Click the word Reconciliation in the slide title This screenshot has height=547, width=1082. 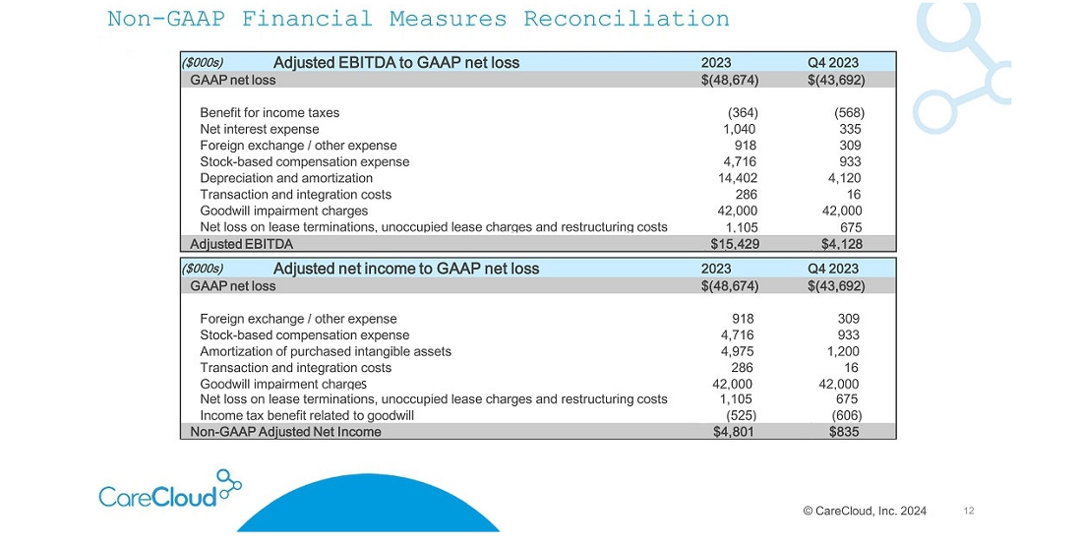point(626,19)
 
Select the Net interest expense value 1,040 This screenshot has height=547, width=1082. point(739,129)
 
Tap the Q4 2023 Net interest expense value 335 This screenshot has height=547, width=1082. point(850,129)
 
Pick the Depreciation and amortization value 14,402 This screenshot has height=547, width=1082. point(738,178)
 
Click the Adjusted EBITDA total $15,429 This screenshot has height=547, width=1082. point(734,244)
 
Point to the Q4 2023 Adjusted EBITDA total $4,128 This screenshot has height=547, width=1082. point(841,244)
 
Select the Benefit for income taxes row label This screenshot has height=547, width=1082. point(270,112)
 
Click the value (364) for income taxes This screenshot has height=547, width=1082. point(743,112)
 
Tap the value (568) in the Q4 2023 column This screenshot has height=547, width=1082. point(849,112)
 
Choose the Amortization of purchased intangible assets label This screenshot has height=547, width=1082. point(326,352)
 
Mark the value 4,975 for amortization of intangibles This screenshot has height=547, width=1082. point(738,351)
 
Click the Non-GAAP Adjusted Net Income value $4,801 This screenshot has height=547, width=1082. point(734,432)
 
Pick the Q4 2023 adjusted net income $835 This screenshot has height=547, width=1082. point(844,432)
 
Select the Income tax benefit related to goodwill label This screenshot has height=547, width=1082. point(307,416)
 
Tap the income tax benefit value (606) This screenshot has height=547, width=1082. point(847,416)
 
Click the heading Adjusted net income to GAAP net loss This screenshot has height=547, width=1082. point(406,269)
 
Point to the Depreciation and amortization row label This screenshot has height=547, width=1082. point(286,178)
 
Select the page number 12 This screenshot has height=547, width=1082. point(969,512)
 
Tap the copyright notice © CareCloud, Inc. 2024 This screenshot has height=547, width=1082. point(865,512)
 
